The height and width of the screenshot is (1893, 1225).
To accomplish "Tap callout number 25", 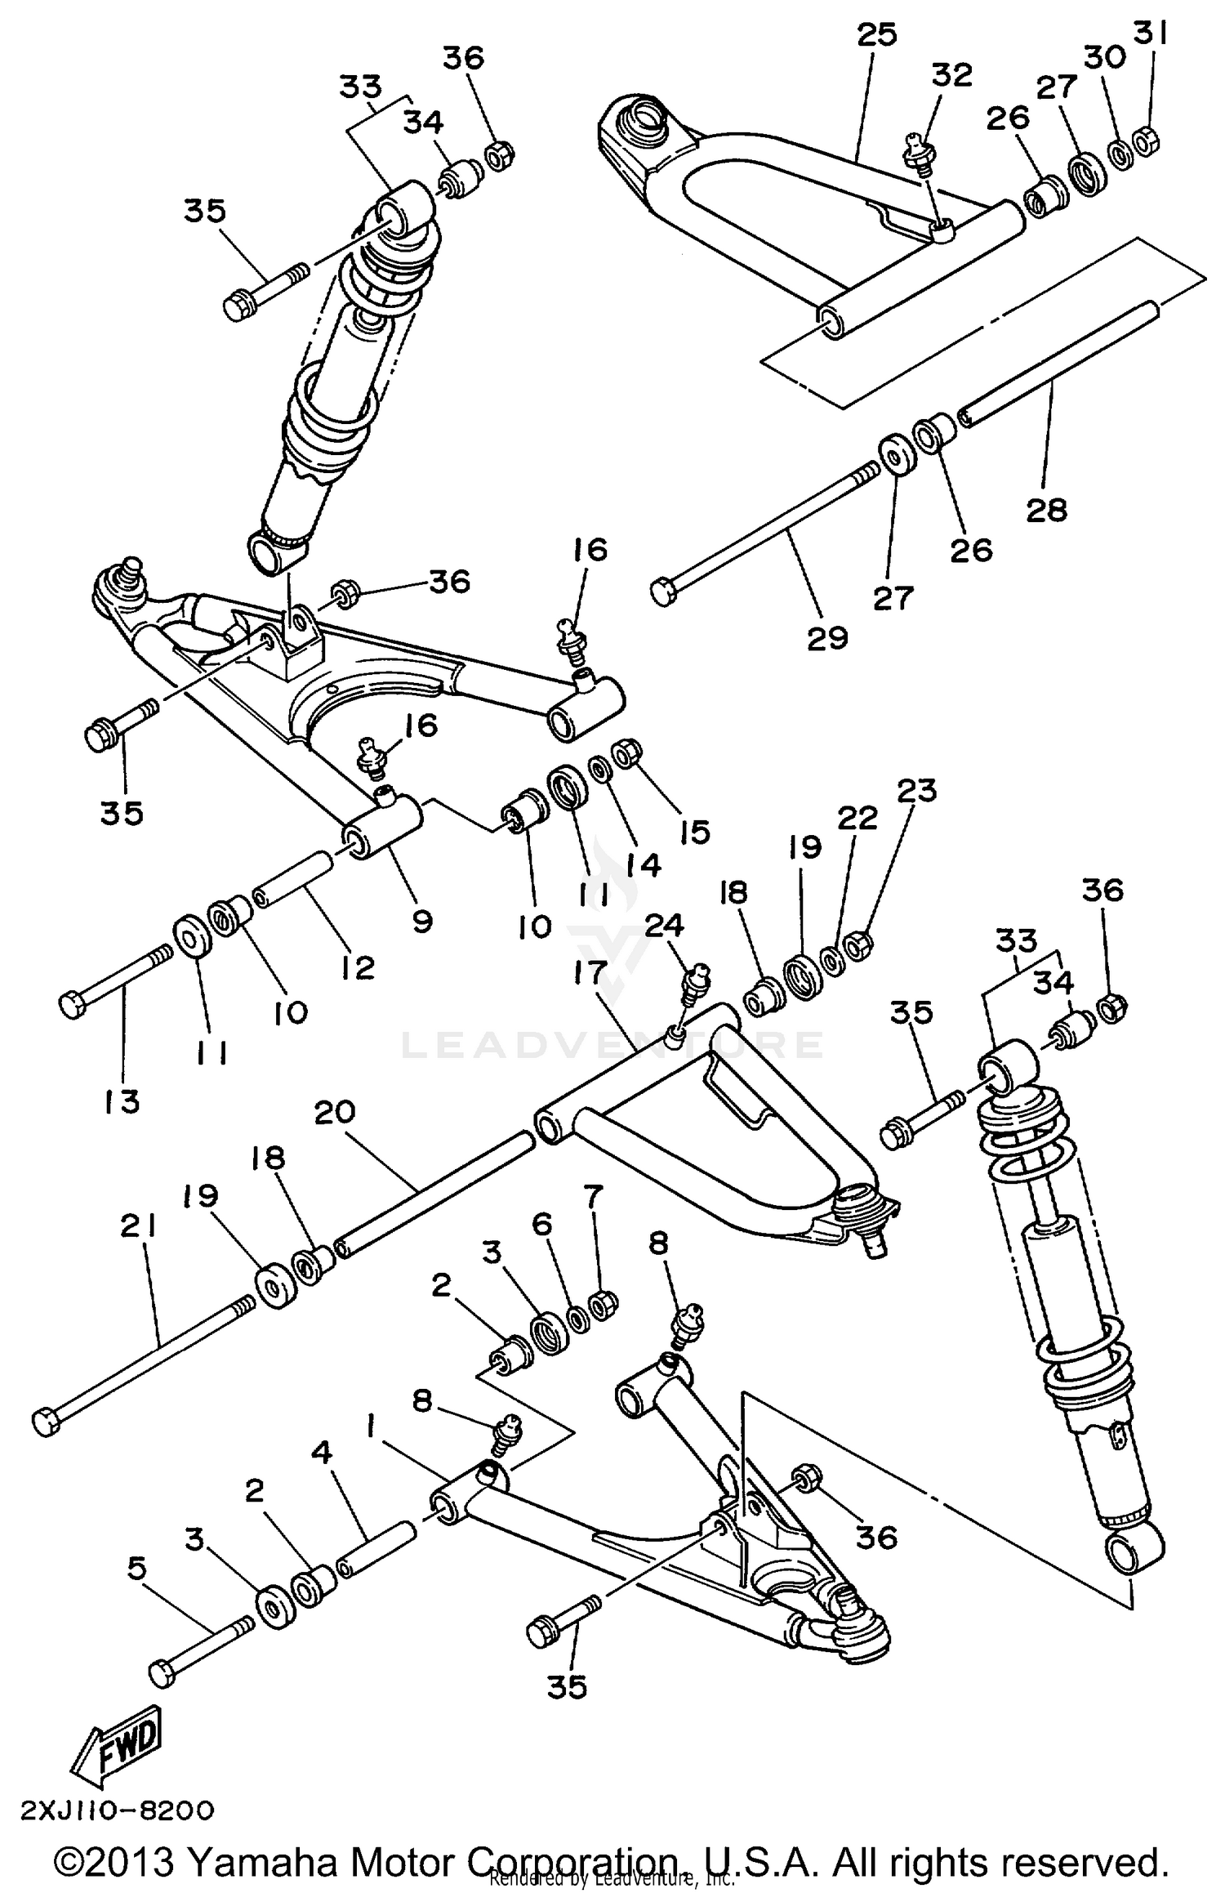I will [877, 34].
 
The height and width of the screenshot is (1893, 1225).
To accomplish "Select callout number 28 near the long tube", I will [1047, 511].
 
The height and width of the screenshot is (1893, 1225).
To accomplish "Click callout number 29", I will [828, 638].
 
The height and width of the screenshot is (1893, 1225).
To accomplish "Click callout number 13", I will [122, 1101].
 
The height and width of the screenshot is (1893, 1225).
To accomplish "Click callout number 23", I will [916, 791].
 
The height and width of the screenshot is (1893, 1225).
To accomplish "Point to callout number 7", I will [592, 1199].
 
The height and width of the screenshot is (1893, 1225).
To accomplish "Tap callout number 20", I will [335, 1112].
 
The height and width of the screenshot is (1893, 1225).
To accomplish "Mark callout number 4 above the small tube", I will [323, 1452].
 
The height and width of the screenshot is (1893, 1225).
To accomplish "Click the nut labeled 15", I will [627, 752].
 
